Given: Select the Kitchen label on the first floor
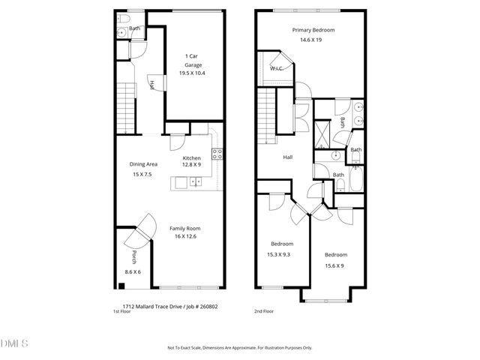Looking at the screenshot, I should click(192, 158).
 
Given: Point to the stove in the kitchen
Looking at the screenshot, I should click(217, 154).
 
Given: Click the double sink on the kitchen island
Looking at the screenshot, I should click(194, 181).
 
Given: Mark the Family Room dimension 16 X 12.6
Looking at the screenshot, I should click(184, 237).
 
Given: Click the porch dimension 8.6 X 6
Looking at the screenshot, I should click(133, 271).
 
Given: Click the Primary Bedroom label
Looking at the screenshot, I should click(313, 30).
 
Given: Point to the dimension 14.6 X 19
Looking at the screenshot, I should click(313, 39).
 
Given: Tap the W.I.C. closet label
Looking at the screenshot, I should click(275, 68).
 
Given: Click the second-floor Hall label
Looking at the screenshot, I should click(287, 157).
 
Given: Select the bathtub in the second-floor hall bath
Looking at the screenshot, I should click(357, 180).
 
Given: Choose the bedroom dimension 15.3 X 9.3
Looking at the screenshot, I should click(282, 253).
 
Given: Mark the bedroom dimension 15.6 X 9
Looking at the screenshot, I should click(334, 265).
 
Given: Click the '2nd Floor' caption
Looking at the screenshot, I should click(265, 310).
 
